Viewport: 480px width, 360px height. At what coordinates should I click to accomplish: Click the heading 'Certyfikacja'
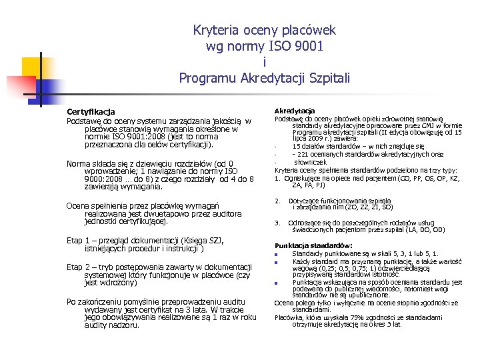coord(91,111)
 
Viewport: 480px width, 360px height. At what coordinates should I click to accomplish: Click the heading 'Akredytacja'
coord(295,111)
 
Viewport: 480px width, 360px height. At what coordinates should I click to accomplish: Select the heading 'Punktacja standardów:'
coord(304,246)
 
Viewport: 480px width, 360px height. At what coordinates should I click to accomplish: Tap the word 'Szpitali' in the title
coord(327,78)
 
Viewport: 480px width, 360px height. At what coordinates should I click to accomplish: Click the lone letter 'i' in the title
coord(265,63)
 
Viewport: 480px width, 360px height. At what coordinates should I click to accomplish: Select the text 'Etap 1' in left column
coord(79,241)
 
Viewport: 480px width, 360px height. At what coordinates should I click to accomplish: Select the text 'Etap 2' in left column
coord(79,267)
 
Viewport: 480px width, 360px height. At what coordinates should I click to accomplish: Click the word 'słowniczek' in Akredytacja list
coord(311,162)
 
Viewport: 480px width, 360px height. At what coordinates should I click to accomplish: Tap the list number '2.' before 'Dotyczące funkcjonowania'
coord(277,201)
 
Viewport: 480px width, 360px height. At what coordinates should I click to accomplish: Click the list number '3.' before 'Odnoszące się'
coord(277,222)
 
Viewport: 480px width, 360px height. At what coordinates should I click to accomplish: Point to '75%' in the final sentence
coord(350,317)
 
